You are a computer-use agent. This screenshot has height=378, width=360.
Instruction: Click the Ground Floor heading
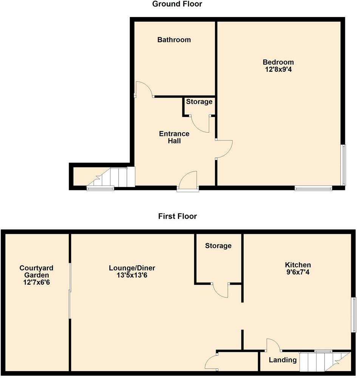(x=177, y=5)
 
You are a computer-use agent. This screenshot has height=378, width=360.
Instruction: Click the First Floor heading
(x=178, y=217)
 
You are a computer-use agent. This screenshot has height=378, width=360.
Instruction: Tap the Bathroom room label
(x=174, y=40)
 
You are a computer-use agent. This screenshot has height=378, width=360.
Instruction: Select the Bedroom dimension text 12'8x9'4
(x=278, y=69)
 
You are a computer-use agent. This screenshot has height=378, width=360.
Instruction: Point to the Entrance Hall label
(x=174, y=137)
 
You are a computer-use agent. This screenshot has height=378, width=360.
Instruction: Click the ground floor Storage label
(x=199, y=102)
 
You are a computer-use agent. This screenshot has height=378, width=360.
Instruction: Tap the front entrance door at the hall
(x=188, y=182)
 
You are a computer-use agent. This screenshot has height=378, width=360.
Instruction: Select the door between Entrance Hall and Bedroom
(x=224, y=150)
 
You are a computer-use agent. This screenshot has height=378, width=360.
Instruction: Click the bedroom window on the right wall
(x=343, y=165)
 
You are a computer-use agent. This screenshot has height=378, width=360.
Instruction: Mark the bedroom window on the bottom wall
(x=313, y=188)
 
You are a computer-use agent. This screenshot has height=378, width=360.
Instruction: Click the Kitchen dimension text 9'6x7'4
(x=298, y=272)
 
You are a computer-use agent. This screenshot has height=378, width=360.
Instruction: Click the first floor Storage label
(x=218, y=246)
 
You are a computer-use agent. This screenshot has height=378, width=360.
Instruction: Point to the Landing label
(x=283, y=360)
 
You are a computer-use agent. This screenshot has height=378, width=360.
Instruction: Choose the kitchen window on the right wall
(x=354, y=315)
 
